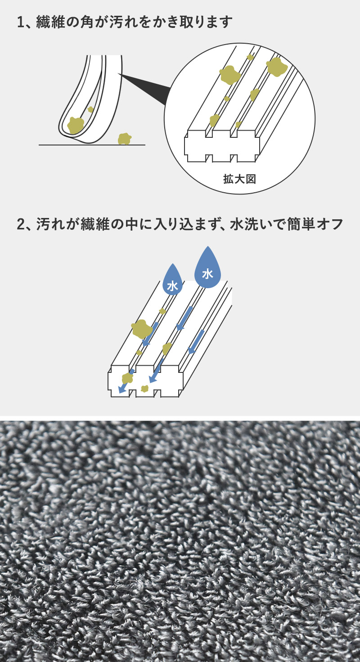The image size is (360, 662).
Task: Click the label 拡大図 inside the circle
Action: [239, 179]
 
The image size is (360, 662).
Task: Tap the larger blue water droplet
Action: [207, 269]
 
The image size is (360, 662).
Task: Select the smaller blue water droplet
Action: [172, 281]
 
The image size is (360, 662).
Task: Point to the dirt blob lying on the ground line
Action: [124, 139]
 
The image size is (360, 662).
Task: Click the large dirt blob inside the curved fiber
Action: [76, 125]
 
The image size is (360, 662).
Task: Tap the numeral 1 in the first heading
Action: [20, 22]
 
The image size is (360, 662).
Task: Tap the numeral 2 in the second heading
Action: [21, 224]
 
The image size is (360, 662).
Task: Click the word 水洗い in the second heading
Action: [251, 224]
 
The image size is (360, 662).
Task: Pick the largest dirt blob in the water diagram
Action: [141, 329]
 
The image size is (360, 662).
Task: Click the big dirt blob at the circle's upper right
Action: [277, 67]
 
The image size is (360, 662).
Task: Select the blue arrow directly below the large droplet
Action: [184, 318]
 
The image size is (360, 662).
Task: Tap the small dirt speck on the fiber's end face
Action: [144, 389]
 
